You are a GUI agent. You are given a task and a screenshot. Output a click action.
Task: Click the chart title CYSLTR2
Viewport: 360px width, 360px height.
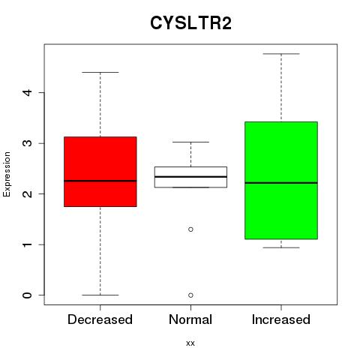(190, 23)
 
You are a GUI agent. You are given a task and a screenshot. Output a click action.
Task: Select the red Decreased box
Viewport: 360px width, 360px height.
(100, 172)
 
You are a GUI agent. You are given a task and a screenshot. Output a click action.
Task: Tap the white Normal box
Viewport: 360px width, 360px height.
(190, 177)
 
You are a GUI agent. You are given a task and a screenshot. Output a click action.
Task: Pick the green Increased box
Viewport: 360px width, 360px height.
(281, 180)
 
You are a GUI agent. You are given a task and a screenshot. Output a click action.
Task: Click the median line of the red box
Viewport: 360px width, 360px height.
(100, 181)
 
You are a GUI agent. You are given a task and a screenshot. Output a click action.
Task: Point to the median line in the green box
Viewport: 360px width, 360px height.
(281, 183)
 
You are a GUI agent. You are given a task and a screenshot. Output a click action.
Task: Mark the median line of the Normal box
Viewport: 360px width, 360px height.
(190, 176)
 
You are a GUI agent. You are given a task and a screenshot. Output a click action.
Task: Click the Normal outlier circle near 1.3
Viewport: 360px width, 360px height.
(190, 229)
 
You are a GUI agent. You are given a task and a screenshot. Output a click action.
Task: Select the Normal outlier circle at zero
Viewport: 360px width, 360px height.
(190, 295)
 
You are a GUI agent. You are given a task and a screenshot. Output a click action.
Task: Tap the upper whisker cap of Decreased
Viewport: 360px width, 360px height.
(100, 72)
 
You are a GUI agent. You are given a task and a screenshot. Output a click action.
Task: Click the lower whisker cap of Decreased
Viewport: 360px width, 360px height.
(100, 295)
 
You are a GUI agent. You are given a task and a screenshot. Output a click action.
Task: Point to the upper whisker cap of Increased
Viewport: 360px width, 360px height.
(281, 54)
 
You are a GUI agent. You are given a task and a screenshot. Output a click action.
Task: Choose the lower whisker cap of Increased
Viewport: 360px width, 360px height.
(281, 247)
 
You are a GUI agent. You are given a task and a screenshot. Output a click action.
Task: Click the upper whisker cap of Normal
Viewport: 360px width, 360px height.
(190, 142)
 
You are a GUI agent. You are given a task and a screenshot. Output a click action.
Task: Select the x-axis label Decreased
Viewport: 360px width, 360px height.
(100, 319)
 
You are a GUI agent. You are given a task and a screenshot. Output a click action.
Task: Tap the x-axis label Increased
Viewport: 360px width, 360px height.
(281, 319)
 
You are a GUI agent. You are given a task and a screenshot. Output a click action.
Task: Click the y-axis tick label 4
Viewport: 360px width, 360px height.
(28, 92)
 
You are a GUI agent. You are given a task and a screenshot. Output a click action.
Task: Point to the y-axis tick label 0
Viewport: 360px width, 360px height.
(28, 295)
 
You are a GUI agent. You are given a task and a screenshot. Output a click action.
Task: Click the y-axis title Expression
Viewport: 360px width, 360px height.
(7, 174)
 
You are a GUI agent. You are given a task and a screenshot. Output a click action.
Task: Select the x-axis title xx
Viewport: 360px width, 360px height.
(190, 343)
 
